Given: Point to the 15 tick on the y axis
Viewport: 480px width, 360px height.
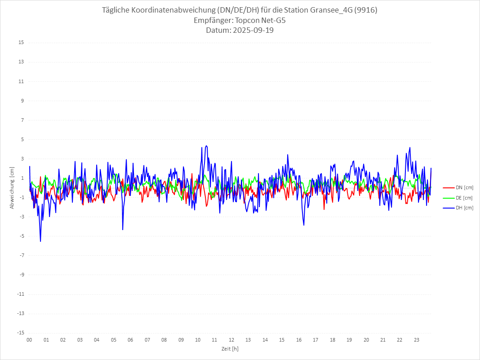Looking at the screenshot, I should (21, 43).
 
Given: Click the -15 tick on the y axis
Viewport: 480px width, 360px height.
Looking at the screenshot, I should (20, 333).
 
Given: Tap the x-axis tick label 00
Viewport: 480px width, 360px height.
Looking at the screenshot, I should (29, 340).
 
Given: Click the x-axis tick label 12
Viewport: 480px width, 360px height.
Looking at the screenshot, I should (231, 340).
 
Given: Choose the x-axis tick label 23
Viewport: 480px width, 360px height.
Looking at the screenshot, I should (417, 340).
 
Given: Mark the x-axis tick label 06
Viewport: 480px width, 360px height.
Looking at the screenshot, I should (130, 340).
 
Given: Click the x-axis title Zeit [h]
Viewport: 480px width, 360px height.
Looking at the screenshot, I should (230, 348).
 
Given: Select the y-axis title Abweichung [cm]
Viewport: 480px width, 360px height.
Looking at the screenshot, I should (12, 187).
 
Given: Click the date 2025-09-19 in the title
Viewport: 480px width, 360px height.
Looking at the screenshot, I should (253, 31).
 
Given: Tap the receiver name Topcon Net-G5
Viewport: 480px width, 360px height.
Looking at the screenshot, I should (261, 20).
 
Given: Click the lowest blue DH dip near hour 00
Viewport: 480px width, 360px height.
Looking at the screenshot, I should (40, 241).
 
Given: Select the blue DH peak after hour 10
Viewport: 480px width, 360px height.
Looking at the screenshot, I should (206, 146).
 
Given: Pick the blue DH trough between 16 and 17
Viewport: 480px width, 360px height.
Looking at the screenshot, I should (304, 225).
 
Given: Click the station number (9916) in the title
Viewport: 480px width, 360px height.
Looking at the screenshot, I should (365, 10).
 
